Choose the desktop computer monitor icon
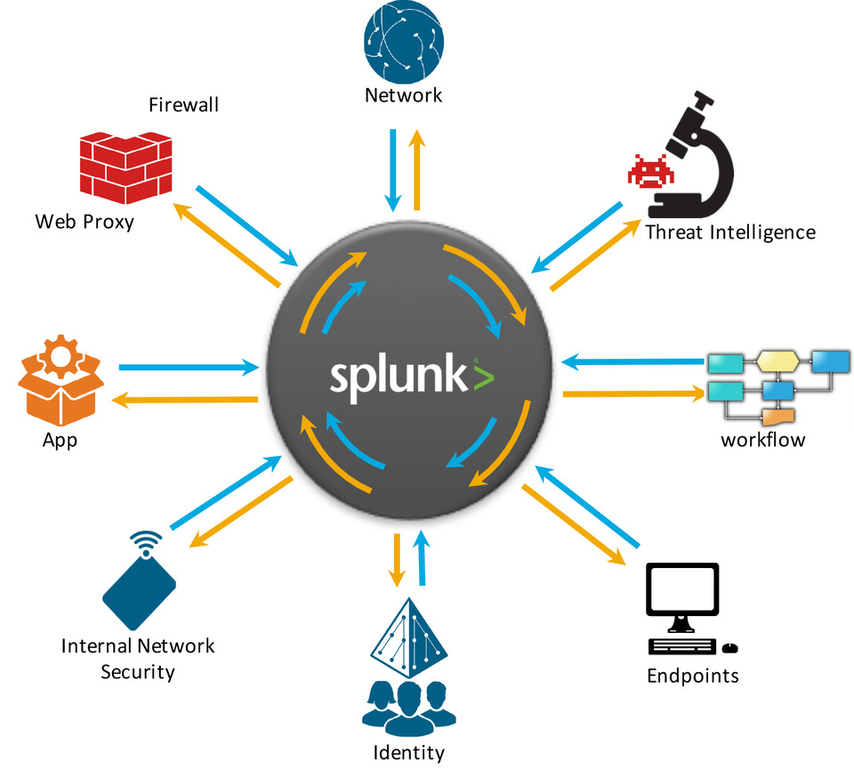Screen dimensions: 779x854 coord(682,595)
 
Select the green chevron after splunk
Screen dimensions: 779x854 coord(480,377)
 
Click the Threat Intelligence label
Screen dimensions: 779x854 coord(729,233)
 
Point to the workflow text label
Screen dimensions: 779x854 coord(762,439)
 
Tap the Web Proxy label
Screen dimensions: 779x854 coord(85,222)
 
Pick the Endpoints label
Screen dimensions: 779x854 coord(692,675)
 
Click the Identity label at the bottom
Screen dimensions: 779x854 coord(408,753)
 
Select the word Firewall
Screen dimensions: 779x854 coord(183,106)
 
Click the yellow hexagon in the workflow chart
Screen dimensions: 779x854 coord(778,361)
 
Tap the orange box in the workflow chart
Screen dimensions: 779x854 coord(778,416)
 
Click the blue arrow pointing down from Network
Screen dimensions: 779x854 coord(392,169)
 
